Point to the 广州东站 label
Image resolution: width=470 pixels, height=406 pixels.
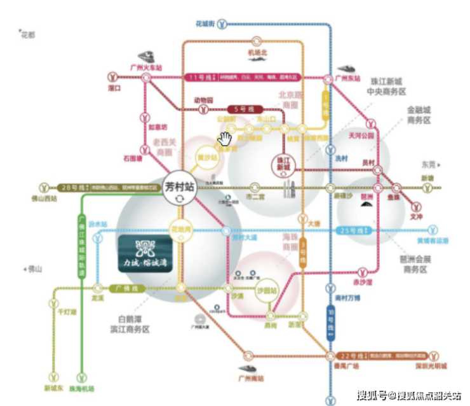coord(349,79)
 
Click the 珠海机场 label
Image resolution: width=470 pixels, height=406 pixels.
coord(82,388)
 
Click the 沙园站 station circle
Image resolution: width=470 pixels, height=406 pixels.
coord(267,290)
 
